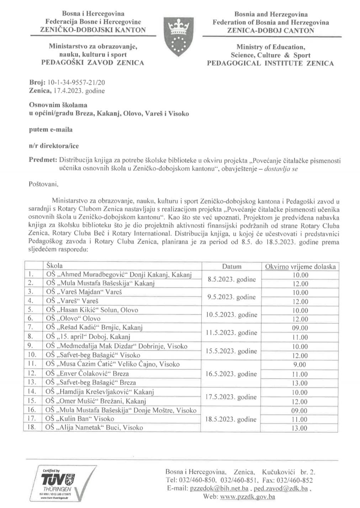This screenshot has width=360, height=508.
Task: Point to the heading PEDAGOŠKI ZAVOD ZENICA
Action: [93, 63]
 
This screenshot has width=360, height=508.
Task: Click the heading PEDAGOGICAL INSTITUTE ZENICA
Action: [271, 63]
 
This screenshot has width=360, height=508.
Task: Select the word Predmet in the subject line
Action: [43, 160]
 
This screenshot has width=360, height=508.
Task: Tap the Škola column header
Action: [54, 266]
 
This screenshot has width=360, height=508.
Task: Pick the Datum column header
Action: [232, 266]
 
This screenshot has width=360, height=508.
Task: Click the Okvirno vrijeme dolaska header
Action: [300, 267]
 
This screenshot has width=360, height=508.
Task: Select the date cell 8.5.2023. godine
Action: [232, 279]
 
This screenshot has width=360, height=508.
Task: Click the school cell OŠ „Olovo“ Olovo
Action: [73, 319]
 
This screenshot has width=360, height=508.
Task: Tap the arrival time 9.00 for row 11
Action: [300, 364]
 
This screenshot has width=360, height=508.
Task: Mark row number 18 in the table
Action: [32, 427]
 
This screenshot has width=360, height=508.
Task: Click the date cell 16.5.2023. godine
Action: [232, 374]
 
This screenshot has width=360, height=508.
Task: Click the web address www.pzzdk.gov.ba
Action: [248, 497]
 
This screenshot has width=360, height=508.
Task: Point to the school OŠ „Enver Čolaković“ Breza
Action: [88, 374]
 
